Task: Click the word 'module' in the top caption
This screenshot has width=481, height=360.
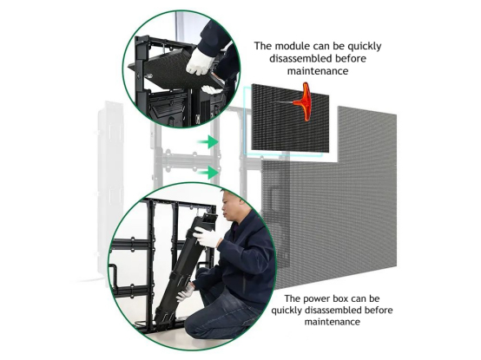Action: (293, 46)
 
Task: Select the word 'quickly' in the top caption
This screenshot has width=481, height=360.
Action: (365, 47)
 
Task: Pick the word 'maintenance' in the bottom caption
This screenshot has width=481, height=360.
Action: (333, 322)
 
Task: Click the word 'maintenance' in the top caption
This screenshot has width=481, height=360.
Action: (318, 71)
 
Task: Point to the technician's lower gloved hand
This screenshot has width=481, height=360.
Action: (185, 292)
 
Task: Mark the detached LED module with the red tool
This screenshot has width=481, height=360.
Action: (290, 118)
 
